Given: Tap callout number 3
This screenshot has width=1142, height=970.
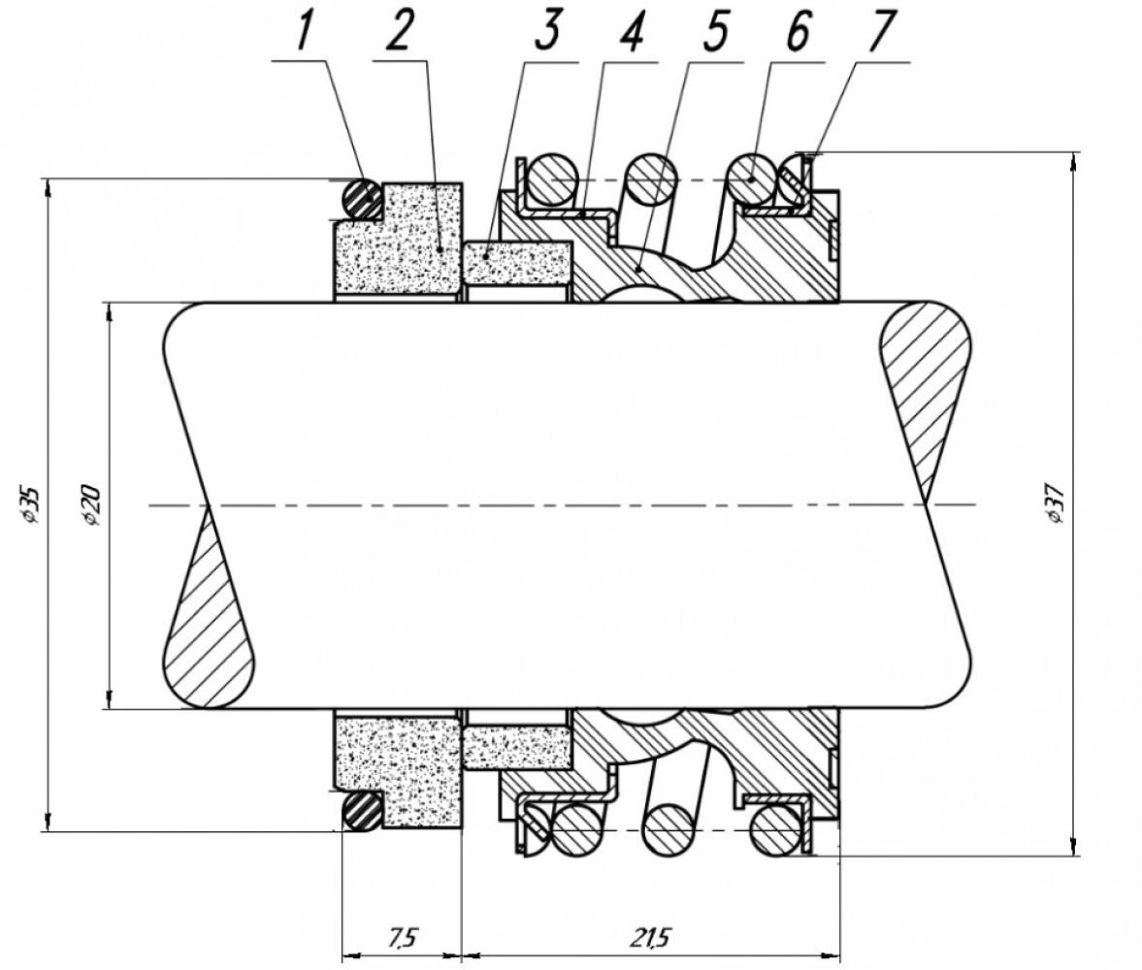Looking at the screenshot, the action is coord(547,31).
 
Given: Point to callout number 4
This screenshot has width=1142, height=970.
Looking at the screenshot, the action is coord(631,31).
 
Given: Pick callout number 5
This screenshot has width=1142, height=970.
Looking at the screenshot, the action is coord(714,31).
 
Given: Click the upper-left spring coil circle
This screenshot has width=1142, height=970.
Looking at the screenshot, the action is coord(553,179).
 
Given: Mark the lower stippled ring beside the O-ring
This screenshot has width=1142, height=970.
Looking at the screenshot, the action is coord(397,771).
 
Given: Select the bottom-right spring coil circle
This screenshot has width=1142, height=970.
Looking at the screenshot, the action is coord(775,829).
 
